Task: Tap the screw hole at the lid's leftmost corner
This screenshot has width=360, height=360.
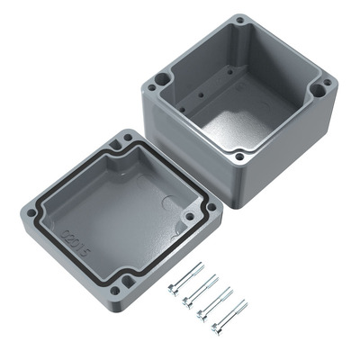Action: pyautogui.click(x=31, y=213)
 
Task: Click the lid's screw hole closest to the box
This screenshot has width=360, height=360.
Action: pyautogui.click(x=127, y=138)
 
